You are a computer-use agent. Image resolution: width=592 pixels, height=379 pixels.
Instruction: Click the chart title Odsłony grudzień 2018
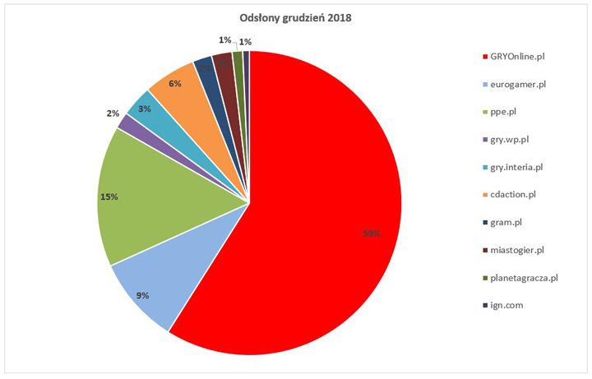tap(296, 19)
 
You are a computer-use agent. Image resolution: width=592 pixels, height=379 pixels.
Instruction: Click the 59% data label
tap(372, 233)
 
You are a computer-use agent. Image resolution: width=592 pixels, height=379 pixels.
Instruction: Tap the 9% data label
tap(142, 295)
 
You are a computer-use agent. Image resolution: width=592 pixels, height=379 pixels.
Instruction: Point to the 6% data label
tap(175, 83)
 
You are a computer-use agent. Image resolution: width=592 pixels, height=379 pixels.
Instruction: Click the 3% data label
tap(143, 109)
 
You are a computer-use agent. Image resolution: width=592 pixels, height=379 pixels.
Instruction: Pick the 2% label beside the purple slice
tap(113, 113)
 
